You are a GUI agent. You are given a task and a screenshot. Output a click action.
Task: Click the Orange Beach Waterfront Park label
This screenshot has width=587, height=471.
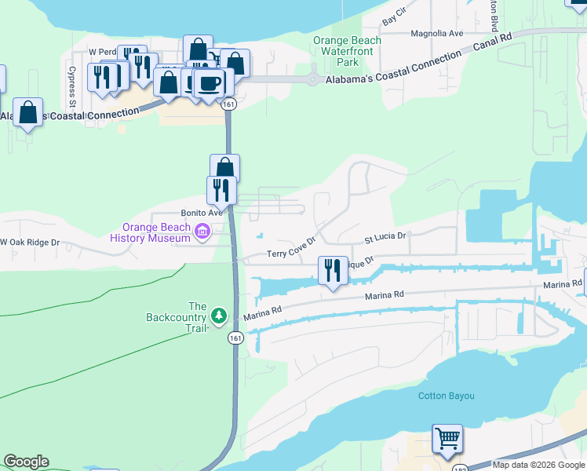tap(347, 51)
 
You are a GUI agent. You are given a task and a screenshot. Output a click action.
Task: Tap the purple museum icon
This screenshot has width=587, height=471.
tap(202, 232)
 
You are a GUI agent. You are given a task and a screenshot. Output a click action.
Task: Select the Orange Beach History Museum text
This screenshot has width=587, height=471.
tap(151, 232)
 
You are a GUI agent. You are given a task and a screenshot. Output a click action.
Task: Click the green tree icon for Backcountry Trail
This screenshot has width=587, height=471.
tap(220, 316)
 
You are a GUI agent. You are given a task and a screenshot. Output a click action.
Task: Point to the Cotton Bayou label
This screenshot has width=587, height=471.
tap(446, 396)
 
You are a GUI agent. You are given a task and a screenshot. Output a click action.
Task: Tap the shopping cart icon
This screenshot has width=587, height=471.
tap(447, 438)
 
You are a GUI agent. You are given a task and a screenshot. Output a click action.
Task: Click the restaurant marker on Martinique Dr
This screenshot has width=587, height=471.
tap(333, 270)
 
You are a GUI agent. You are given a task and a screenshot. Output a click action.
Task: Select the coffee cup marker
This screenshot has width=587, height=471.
tap(208, 82)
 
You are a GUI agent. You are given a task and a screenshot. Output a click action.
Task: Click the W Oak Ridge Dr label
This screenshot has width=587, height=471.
tap(31, 243)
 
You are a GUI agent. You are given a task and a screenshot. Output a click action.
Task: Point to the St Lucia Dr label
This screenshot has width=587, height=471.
tap(385, 236)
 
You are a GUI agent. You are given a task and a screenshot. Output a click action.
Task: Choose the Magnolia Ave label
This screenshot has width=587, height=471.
tap(438, 34)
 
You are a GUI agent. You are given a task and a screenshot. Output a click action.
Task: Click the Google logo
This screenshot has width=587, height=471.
tap(26, 462)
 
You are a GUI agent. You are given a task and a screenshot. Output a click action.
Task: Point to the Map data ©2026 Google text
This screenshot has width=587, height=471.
tap(538, 465)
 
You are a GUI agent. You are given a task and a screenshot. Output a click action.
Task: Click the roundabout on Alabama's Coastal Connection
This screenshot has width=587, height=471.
tap(313, 79)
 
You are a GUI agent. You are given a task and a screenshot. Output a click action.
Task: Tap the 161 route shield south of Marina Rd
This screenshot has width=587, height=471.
tap(235, 338)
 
